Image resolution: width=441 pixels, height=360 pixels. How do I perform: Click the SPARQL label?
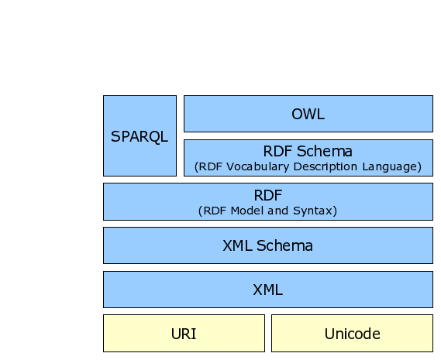tap(140, 137)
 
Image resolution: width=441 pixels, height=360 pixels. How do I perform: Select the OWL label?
tap(308, 114)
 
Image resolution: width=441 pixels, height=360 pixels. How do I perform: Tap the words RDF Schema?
tap(308, 151)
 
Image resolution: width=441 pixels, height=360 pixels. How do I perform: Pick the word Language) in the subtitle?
tap(391, 166)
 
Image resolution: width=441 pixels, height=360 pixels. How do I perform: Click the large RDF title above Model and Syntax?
tap(267, 195)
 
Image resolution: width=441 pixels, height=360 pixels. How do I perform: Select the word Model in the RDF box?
tap(246, 211)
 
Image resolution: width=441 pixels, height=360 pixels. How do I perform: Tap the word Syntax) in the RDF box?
tap(315, 211)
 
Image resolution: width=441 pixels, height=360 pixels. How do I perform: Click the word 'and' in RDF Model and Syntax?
tap(277, 211)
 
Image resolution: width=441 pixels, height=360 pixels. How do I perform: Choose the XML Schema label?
tap(267, 245)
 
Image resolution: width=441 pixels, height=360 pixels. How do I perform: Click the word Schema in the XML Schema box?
tap(284, 245)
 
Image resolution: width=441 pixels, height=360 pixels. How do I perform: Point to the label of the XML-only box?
tap(267, 290)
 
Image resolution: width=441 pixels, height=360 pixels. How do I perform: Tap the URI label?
tap(184, 334)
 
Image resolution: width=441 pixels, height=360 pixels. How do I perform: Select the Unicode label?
tap(352, 334)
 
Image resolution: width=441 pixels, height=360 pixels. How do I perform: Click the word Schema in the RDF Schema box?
tap(325, 151)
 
